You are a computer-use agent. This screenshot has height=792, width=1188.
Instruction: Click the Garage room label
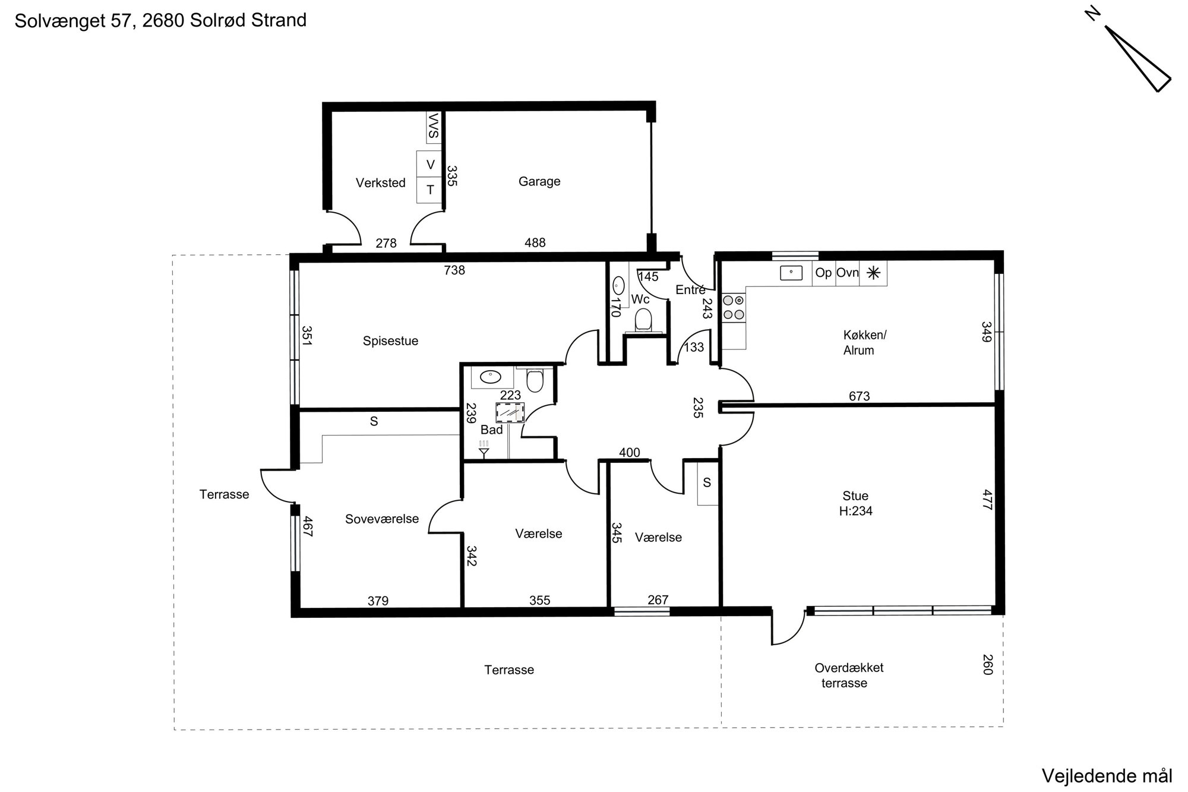click(x=539, y=182)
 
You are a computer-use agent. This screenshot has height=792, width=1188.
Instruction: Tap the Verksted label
click(x=381, y=183)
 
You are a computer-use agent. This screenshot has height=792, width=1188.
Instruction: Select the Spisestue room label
click(x=390, y=341)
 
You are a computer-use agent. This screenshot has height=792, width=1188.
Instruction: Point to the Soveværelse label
click(x=382, y=519)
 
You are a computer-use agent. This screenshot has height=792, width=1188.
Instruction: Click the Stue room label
click(x=855, y=496)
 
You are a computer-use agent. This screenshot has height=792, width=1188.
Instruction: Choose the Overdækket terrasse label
click(x=849, y=675)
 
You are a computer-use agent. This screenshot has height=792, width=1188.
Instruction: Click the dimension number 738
click(x=454, y=270)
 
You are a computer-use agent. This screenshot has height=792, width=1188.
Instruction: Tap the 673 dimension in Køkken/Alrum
click(x=860, y=396)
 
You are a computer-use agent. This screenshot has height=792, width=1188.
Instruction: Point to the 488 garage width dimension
click(x=535, y=242)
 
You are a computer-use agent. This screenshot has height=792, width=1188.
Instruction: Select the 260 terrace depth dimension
click(x=987, y=664)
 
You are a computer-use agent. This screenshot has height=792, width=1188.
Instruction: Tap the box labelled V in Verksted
click(x=430, y=164)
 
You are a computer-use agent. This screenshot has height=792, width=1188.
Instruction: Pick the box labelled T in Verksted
click(x=430, y=190)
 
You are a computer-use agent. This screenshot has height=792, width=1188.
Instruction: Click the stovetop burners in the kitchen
click(x=734, y=308)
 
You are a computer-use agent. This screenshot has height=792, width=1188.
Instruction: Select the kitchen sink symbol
click(x=791, y=273)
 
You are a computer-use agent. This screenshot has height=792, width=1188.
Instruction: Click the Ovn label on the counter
click(x=848, y=273)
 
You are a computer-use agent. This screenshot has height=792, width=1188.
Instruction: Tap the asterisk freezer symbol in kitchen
click(x=873, y=273)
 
